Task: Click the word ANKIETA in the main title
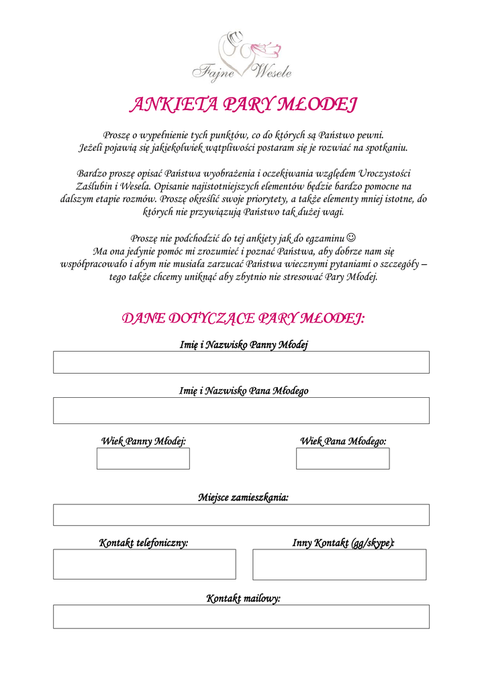172,105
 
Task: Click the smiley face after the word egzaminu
352,237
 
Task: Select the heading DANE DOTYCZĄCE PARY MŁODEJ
243,317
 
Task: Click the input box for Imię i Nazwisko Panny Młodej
241,362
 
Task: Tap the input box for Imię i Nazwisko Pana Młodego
241,411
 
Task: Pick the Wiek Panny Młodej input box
143,459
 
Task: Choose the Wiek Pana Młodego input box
342,459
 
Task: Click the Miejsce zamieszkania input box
241,515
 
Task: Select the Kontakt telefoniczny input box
144,564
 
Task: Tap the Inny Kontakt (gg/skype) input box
339,564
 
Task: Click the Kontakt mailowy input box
241,617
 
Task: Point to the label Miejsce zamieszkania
243,498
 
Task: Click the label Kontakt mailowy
243,598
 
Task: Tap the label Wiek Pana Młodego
343,441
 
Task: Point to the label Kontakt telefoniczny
144,543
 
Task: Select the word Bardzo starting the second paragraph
90,173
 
